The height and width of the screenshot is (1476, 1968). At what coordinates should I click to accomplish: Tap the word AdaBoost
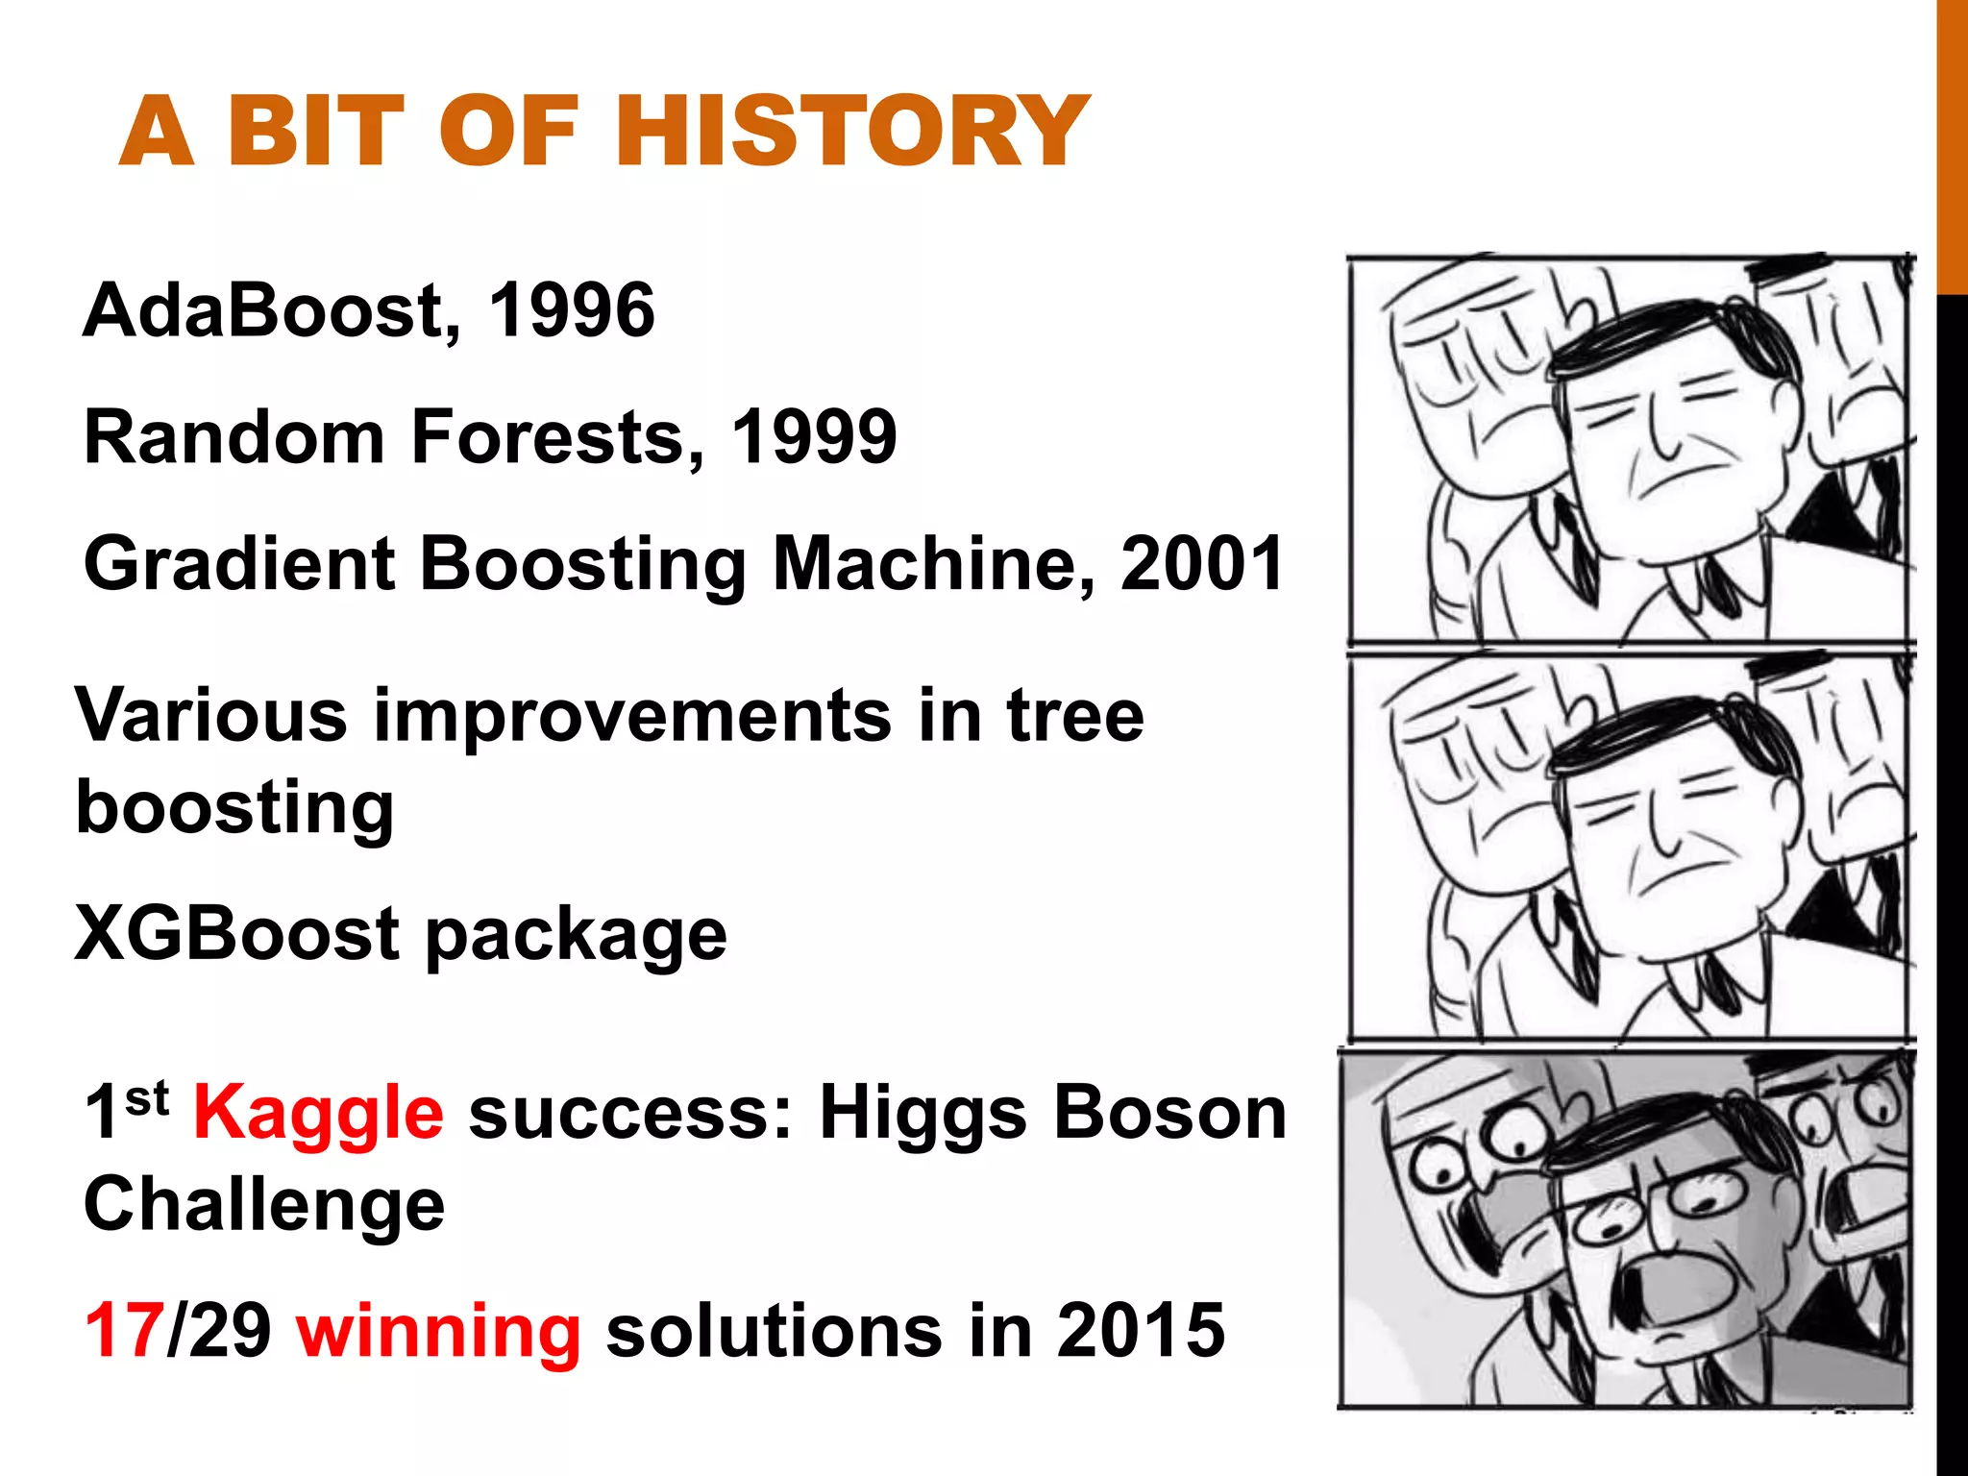click(x=262, y=310)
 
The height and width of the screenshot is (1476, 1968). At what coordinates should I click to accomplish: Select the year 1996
click(x=572, y=310)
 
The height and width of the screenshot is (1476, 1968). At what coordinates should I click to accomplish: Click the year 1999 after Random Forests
click(x=814, y=437)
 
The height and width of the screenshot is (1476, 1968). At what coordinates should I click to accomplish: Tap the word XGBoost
click(x=236, y=934)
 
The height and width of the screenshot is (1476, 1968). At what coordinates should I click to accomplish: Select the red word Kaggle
click(x=318, y=1113)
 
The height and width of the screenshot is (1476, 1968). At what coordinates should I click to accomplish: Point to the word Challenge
click(x=264, y=1205)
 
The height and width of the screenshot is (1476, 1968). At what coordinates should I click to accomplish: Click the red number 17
click(x=123, y=1331)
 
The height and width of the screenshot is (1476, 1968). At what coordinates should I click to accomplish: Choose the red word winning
click(x=438, y=1333)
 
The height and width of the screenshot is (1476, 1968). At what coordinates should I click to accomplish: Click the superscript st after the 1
click(x=147, y=1096)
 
